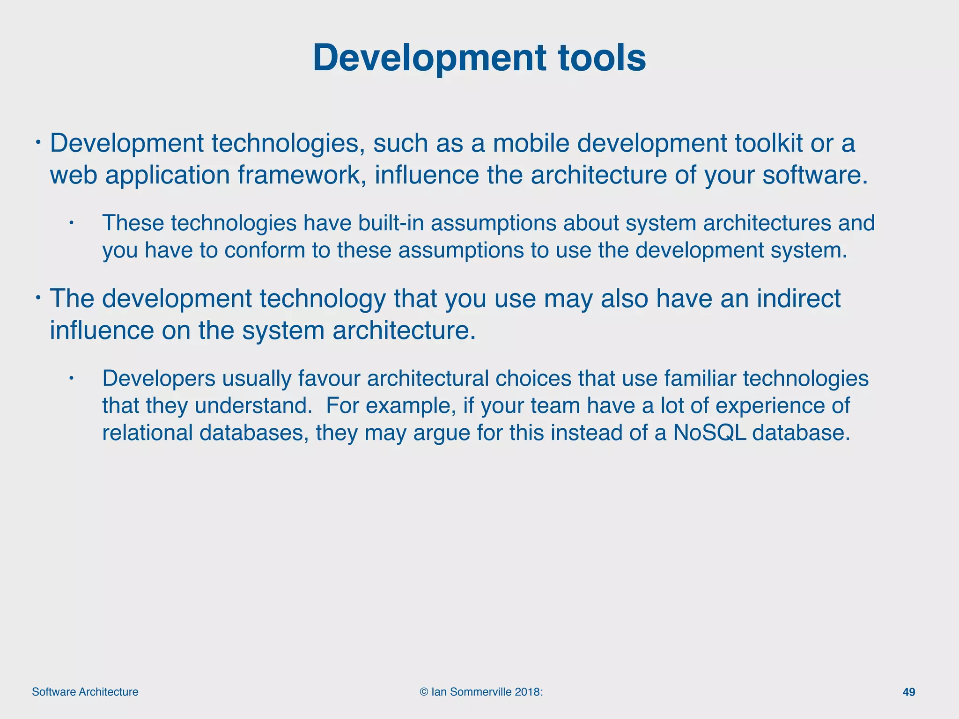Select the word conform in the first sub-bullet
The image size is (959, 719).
point(265,250)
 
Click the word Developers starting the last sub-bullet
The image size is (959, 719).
point(159,378)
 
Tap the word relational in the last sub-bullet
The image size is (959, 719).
point(148,433)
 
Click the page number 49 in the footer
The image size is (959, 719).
point(908,692)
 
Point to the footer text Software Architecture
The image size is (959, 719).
point(85,692)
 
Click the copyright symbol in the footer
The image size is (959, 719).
point(424,692)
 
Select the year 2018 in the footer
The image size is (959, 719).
point(527,692)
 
